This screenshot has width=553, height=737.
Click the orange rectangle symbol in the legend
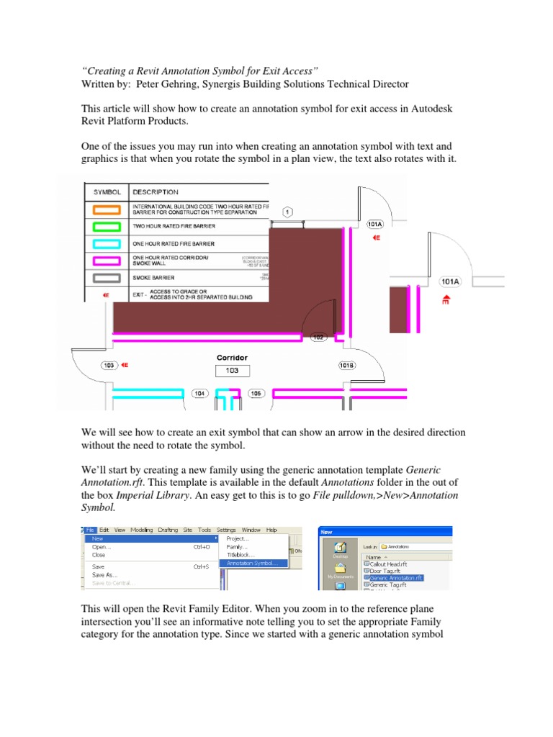click(107, 210)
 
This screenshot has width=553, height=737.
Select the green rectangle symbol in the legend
click(107, 226)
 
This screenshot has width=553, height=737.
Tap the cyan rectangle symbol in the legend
click(107, 243)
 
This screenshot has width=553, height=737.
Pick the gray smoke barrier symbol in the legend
click(107, 277)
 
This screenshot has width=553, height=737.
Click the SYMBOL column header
click(107, 192)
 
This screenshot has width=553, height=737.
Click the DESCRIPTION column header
click(156, 192)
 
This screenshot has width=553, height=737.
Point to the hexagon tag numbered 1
click(287, 212)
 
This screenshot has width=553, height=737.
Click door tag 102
click(319, 337)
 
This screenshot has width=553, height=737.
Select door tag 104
click(200, 394)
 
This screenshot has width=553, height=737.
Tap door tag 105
click(256, 394)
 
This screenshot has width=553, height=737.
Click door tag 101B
click(346, 366)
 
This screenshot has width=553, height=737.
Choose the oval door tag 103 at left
click(109, 366)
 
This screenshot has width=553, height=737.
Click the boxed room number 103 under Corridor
click(232, 371)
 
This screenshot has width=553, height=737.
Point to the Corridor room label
click(232, 358)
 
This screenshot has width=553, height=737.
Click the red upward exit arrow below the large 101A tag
click(446, 299)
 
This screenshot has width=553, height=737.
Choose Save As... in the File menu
click(105, 575)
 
